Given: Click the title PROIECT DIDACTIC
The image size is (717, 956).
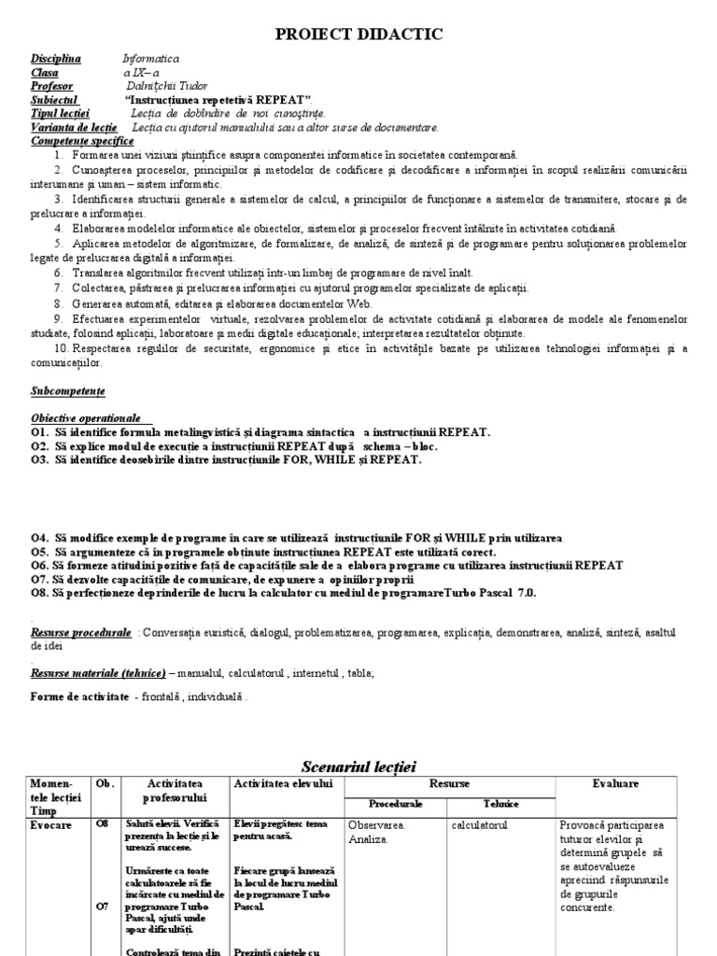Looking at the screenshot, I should coord(358,35).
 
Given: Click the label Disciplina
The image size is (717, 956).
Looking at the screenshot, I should coord(55,59).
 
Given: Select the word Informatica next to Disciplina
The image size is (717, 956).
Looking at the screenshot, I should coord(150,59).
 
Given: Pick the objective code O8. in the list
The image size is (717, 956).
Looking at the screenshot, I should coord(40,593).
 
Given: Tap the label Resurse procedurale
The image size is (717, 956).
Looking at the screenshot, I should coord(80,632).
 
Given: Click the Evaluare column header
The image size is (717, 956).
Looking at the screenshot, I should coord(615,785).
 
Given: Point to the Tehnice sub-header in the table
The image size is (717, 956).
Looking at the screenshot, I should coord(500,804).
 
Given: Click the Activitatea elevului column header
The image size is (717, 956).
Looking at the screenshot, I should coord(283,785).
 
